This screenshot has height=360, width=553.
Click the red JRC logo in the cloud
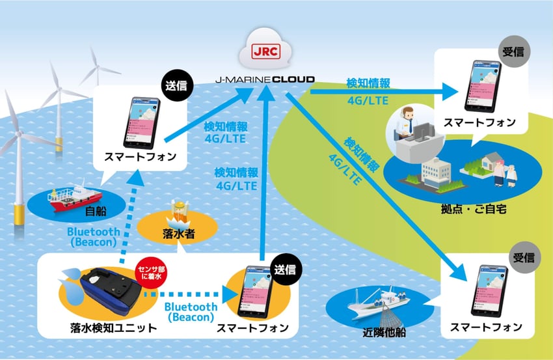(265, 51)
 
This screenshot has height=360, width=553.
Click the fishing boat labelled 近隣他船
(377, 303)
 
